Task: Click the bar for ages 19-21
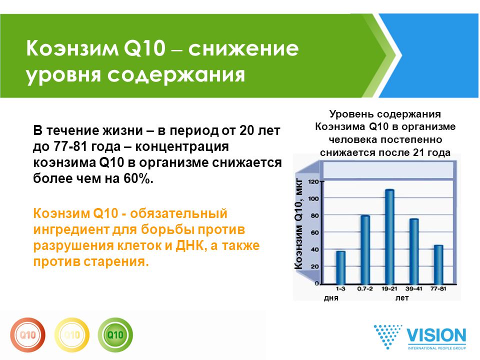(x=389, y=237)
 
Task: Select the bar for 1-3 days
(x=340, y=268)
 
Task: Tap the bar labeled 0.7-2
(x=365, y=250)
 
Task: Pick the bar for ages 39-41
(x=414, y=251)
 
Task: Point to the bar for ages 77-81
(x=438, y=265)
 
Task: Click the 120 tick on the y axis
(x=313, y=181)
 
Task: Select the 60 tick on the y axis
(x=315, y=232)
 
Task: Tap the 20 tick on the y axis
(x=315, y=266)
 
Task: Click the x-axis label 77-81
(x=438, y=288)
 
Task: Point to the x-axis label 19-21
(x=389, y=288)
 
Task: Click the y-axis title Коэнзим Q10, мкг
(x=298, y=224)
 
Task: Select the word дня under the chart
(x=331, y=298)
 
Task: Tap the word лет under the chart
(x=402, y=298)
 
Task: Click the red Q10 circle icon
(x=27, y=335)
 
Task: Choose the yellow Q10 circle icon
(x=72, y=335)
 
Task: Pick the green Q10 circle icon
(x=115, y=335)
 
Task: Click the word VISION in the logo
(x=436, y=336)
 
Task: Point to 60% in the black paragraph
(x=138, y=178)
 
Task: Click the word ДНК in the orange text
(x=190, y=245)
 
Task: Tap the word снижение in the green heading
(x=243, y=48)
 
